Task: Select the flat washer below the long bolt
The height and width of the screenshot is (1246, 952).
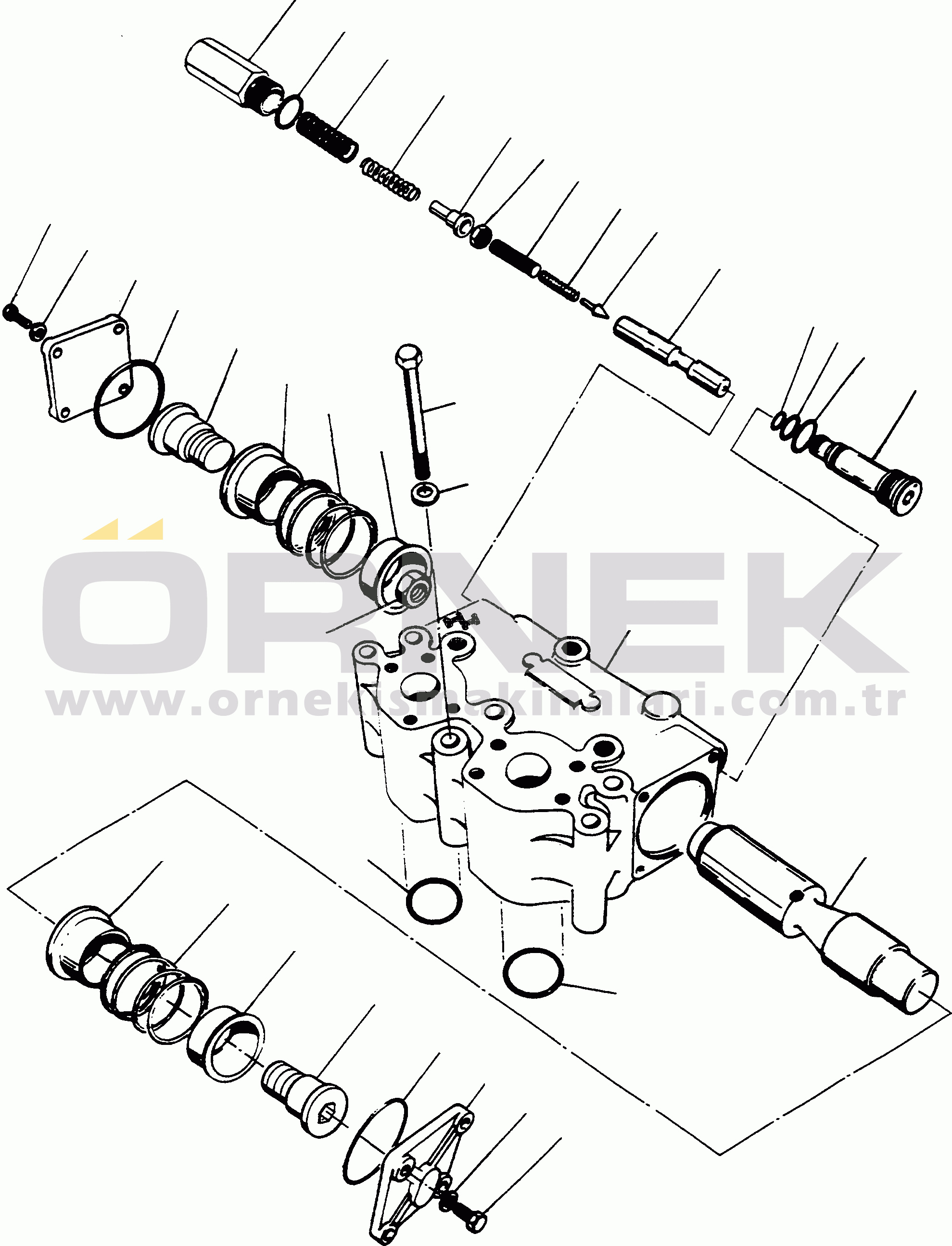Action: pos(425,494)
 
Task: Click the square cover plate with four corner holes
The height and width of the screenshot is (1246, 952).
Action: pos(85,369)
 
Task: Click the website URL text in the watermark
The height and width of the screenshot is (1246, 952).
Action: pos(476,702)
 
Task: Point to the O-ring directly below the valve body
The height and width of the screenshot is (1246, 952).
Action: pos(433,901)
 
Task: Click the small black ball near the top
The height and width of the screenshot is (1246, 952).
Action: pos(481,237)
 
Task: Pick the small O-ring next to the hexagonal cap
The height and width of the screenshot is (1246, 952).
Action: pos(289,112)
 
